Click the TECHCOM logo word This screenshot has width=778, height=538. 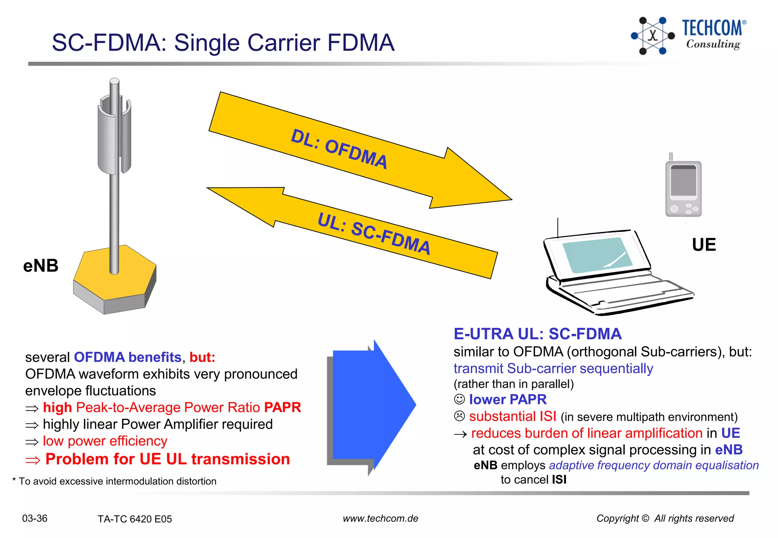712,28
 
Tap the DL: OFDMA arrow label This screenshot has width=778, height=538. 339,149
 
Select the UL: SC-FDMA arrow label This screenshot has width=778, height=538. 374,233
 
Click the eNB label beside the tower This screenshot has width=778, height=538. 41,266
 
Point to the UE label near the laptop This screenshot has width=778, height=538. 704,245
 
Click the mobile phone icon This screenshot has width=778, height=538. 683,187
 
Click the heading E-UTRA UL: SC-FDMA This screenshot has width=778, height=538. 537,334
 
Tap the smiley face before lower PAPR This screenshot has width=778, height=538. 459,399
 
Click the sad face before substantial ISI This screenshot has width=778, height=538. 459,416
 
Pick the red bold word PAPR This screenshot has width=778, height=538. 282,407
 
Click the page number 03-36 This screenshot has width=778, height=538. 35,518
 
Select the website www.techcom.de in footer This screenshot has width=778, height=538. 380,518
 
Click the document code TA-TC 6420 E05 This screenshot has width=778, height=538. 134,519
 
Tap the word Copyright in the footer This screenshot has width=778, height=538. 618,518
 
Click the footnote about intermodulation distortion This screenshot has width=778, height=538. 114,481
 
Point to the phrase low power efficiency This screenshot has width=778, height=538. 105,441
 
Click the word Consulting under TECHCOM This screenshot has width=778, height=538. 713,44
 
